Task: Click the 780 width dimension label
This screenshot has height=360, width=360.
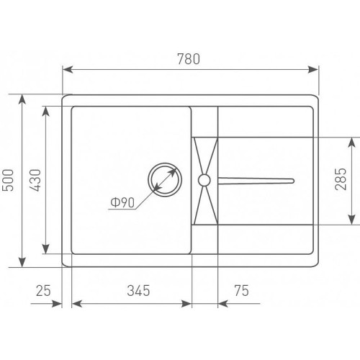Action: coord(189,59)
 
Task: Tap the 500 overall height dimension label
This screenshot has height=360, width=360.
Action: coord(7,180)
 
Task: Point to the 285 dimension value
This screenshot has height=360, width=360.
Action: coord(341,179)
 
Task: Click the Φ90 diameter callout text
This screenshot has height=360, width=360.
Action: coord(122,203)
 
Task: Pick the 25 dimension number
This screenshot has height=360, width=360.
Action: coord(43,290)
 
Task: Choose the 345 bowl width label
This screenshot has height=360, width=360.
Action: coord(138,290)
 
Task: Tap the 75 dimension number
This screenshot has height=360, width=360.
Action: coord(242,290)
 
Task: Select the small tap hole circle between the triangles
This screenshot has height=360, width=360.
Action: coord(204,180)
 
